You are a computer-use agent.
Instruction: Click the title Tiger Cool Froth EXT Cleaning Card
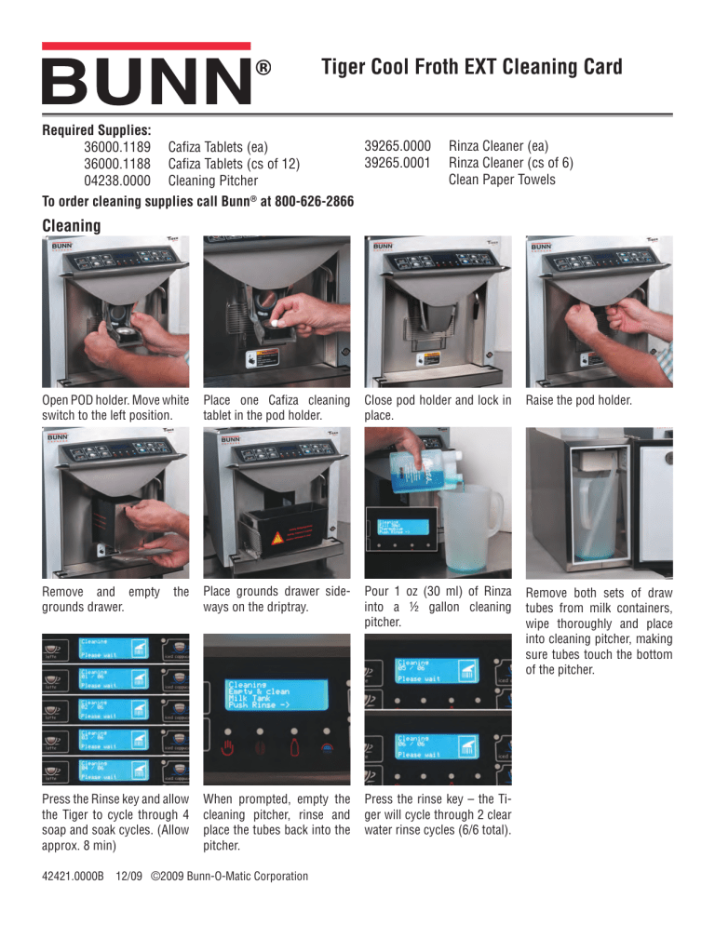pos(470,67)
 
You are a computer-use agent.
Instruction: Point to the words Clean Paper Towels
pos(502,179)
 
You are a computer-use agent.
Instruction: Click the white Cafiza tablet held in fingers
pos(277,317)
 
